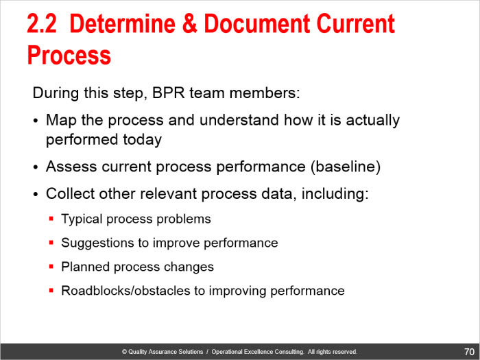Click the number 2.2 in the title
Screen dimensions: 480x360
point(42,24)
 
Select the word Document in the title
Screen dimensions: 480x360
point(257,24)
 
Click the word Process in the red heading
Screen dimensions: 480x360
point(69,55)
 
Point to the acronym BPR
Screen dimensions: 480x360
point(168,93)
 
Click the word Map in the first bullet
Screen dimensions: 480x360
point(61,120)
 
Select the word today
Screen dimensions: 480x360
point(142,140)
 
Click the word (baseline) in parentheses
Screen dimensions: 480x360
point(346,167)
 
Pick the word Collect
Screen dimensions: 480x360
point(70,193)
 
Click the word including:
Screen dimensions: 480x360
point(335,194)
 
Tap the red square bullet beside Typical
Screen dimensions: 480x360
point(51,219)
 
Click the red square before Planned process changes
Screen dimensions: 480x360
point(51,267)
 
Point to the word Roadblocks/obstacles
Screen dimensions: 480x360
point(125,291)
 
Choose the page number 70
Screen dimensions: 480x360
point(469,352)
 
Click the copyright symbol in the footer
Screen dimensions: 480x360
point(124,352)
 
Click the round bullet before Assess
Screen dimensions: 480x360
point(36,167)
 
